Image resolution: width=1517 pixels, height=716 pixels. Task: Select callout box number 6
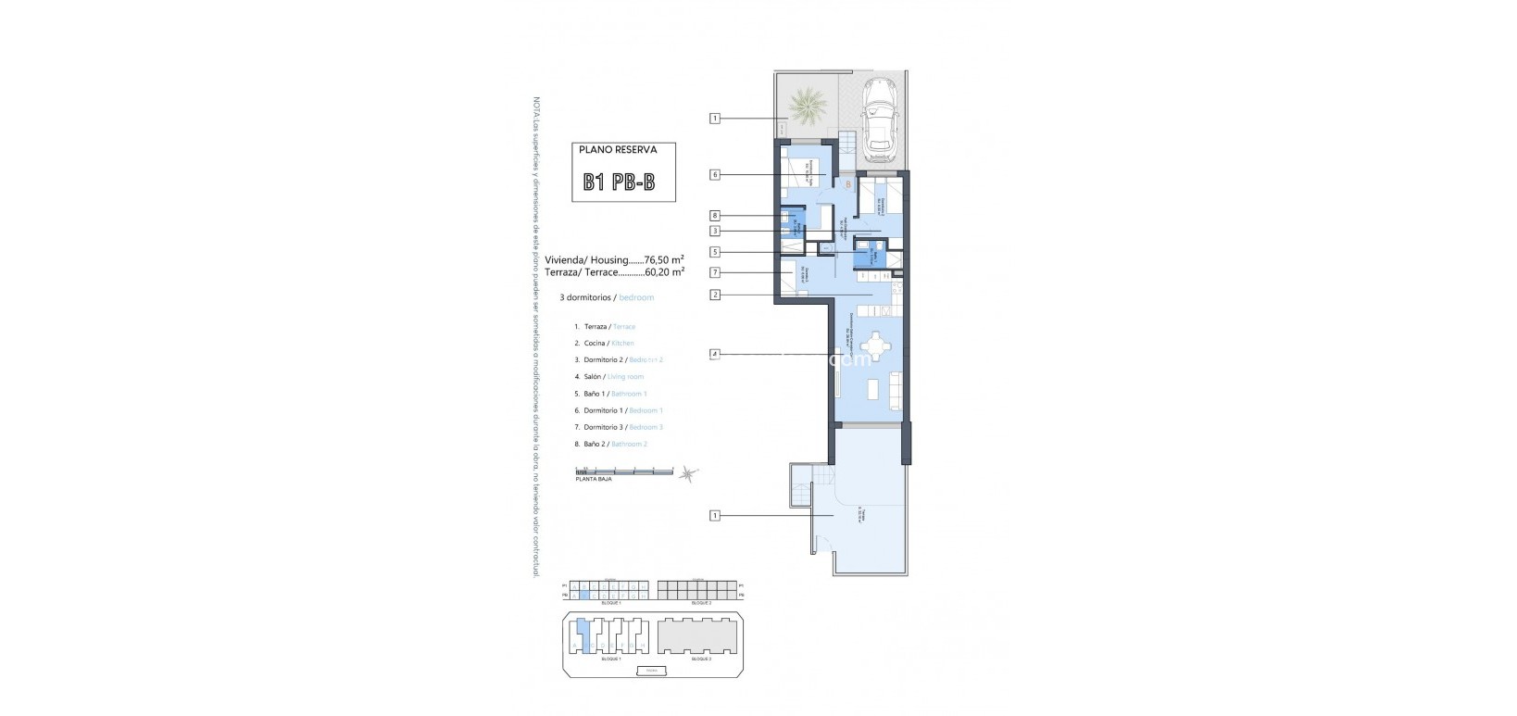pyautogui.click(x=715, y=174)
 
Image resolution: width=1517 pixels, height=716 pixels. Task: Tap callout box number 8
pyautogui.click(x=715, y=216)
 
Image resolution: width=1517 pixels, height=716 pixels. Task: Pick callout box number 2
pyautogui.click(x=715, y=295)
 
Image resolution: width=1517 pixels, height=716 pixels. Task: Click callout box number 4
pyautogui.click(x=715, y=354)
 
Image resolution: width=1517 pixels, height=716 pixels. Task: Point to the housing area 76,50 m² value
pyautogui.click(x=664, y=259)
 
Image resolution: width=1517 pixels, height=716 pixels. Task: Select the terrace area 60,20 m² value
pyautogui.click(x=664, y=272)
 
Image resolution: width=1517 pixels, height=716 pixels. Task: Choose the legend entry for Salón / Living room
pyautogui.click(x=608, y=377)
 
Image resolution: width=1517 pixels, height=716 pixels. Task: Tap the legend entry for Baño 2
pyautogui.click(x=609, y=445)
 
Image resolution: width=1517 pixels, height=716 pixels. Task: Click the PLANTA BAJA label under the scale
pyautogui.click(x=593, y=480)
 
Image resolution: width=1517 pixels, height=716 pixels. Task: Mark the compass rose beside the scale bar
pyautogui.click(x=686, y=473)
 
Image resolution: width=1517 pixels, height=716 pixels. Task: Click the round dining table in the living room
pyautogui.click(x=871, y=350)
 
